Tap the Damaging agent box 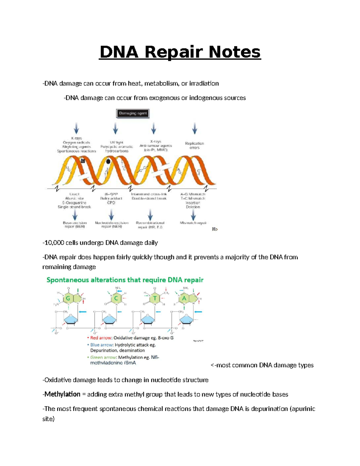tap(133, 113)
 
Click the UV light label tap(116, 143)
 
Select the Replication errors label tap(194, 146)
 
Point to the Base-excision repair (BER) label tap(75, 225)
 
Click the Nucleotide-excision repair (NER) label tap(112, 225)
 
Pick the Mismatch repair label tap(193, 223)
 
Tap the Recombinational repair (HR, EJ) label tap(150, 225)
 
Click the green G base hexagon tap(68, 298)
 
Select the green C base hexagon tap(116, 299)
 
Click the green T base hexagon tap(155, 299)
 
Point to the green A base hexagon tap(184, 299)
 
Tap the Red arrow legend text tap(101, 338)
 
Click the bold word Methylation tap(62, 394)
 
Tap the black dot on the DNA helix tap(108, 161)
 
